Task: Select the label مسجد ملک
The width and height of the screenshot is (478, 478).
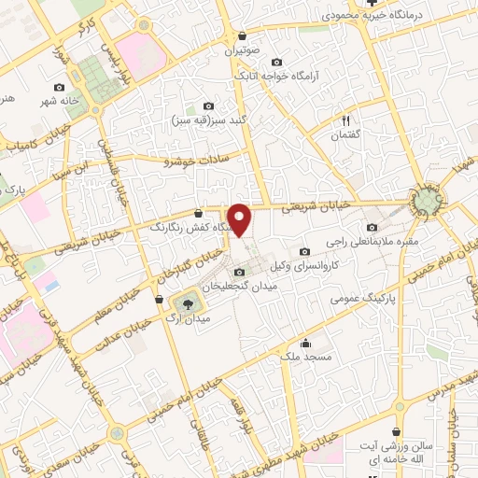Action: pyautogui.click(x=300, y=356)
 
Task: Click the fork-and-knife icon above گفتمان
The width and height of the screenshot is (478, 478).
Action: pyautogui.click(x=344, y=119)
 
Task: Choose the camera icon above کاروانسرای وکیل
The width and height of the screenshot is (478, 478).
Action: pyautogui.click(x=304, y=251)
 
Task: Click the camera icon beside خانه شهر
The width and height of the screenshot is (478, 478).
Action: pyautogui.click(x=60, y=88)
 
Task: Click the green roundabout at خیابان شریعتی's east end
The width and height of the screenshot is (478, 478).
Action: pyautogui.click(x=429, y=201)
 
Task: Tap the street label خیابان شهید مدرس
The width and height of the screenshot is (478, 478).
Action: pyautogui.click(x=439, y=378)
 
